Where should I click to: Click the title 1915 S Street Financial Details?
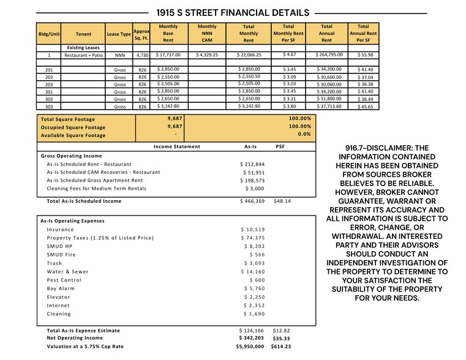233,12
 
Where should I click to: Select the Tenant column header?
83,34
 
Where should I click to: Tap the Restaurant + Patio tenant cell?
83,55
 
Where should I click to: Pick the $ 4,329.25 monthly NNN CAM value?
207,55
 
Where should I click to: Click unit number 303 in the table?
49,107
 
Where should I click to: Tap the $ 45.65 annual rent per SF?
365,107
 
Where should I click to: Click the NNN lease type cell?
119,55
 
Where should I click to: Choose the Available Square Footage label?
73,135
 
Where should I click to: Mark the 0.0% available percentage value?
304,134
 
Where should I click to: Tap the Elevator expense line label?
58,297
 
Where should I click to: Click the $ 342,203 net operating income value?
251,338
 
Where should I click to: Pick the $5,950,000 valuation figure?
250,347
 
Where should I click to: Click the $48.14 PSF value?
282,201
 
